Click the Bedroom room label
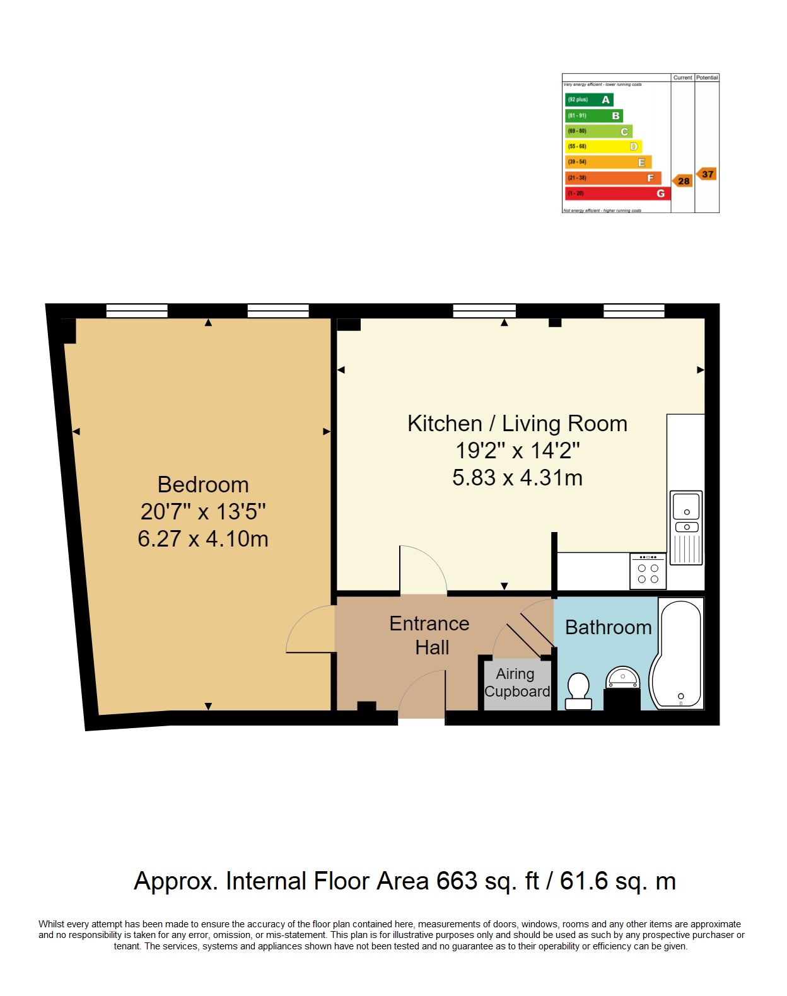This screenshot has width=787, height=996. [203, 485]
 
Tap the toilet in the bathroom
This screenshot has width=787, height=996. [578, 691]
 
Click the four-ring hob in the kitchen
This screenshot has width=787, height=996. [648, 572]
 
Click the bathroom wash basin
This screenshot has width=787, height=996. [622, 679]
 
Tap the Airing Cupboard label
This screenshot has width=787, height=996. [516, 683]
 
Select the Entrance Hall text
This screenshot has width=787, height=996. [429, 635]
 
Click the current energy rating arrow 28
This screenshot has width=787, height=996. [682, 181]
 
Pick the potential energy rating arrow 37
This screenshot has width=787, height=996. [707, 174]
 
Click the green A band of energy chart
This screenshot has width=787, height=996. [589, 100]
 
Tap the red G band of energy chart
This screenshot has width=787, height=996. [617, 194]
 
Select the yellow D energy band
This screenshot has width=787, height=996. [603, 146]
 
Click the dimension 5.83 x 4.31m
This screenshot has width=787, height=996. [517, 478]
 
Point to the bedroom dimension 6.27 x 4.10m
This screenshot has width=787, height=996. [203, 539]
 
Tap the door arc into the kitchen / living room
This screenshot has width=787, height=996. [423, 569]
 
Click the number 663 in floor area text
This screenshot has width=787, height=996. [457, 881]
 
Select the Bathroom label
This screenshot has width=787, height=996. [608, 627]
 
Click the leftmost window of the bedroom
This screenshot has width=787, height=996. [137, 311]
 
